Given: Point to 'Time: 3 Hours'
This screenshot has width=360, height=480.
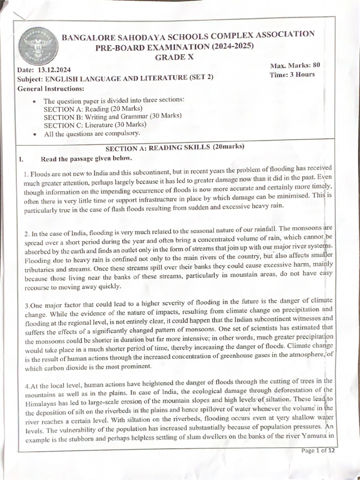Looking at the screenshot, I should [292, 75].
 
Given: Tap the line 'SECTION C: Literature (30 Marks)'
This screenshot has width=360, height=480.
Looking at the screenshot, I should [95, 125].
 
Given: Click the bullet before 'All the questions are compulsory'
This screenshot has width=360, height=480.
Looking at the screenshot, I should [35, 134].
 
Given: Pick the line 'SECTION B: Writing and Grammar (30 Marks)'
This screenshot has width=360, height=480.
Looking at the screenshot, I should [112, 117].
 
